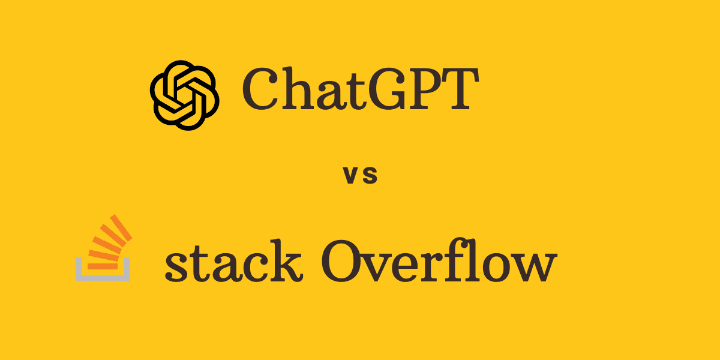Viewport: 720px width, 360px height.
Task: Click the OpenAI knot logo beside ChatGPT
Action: point(184,94)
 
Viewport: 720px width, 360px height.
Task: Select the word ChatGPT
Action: point(360,90)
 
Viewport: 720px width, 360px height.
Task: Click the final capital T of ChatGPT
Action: point(460,90)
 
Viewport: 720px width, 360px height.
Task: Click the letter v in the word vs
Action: point(350,176)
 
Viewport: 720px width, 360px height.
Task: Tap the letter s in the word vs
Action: point(370,176)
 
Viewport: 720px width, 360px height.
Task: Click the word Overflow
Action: point(437,264)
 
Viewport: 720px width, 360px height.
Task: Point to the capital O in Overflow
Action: point(344,264)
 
